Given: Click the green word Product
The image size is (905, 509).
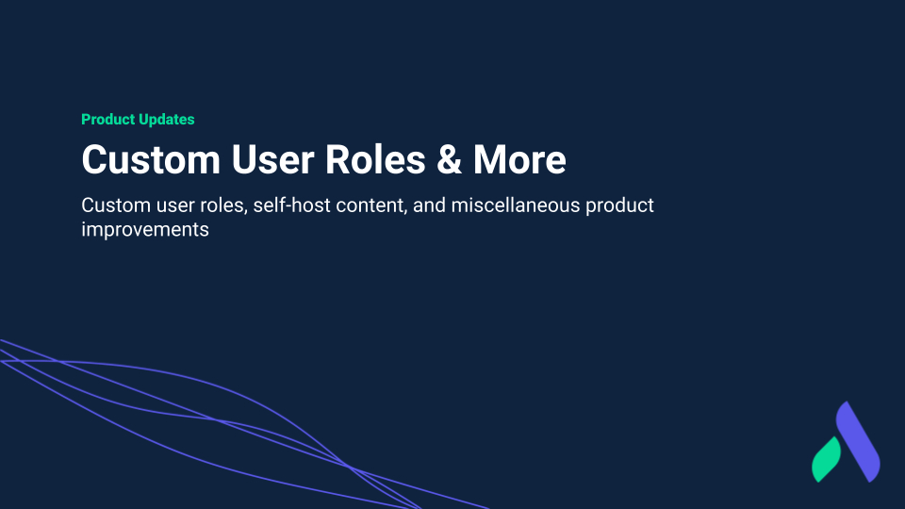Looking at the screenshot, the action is coord(107,120).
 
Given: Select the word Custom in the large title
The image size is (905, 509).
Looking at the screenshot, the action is coord(151,160).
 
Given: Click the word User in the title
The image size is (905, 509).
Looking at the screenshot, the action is coord(272,160).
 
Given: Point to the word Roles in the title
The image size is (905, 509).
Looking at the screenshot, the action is coord(375,159).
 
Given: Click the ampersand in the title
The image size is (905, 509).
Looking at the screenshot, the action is coord(449,160).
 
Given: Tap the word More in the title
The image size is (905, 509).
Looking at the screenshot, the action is coord(519,160).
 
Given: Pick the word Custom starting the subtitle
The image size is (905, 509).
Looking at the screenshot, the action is coord(115,205).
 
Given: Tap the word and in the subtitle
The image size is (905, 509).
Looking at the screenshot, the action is coord(430,205).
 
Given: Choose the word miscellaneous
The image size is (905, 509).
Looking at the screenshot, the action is coord(516,205).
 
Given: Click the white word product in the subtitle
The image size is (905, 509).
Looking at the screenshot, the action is coord(619,206).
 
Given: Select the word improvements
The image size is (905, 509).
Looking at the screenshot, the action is coord(145,230).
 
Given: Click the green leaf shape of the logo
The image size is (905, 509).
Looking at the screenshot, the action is coord(827,460).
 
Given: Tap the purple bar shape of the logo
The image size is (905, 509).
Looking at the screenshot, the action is coord(858,442).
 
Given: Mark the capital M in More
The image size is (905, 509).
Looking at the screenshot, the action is coord(489,160).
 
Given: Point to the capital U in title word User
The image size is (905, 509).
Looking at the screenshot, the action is coord(244,160).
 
